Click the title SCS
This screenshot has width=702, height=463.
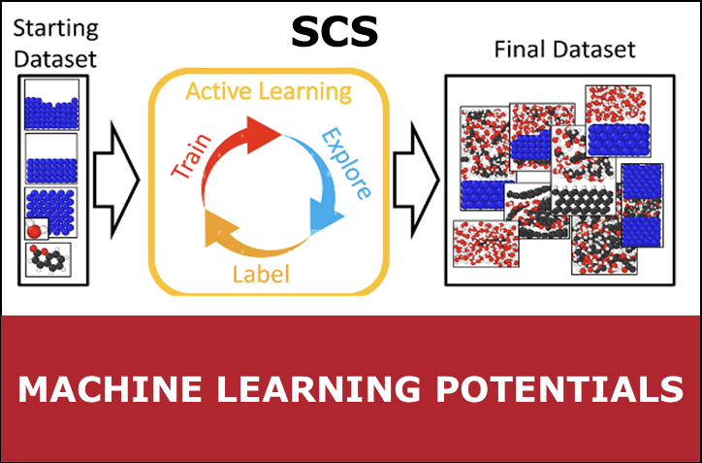pos(335,33)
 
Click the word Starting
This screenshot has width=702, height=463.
pos(56,29)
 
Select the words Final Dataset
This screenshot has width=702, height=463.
pos(564,50)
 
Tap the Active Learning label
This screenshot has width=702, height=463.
pos(269,92)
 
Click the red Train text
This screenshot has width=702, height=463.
pos(192,156)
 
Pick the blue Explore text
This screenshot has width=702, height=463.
pos(346,163)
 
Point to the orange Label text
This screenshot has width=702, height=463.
pos(261,274)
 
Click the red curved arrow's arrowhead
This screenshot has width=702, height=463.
pos(264,134)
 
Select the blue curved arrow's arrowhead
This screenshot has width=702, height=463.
pos(327,217)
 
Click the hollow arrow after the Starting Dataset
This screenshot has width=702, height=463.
pos(116,180)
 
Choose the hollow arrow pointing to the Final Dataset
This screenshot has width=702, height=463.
pos(416,180)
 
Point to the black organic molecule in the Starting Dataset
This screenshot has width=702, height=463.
pos(48,259)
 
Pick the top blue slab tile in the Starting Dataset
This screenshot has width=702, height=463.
pos(51,105)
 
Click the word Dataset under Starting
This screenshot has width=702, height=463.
pos(55,59)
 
